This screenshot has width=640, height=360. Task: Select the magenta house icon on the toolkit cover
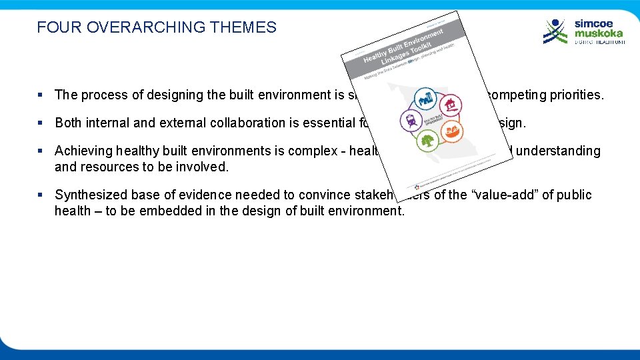tap(452, 105)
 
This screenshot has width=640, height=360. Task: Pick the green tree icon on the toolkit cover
tap(426, 141)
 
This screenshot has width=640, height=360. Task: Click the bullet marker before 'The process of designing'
tap(41, 95)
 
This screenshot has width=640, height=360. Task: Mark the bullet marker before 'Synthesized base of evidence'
tap(41, 195)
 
